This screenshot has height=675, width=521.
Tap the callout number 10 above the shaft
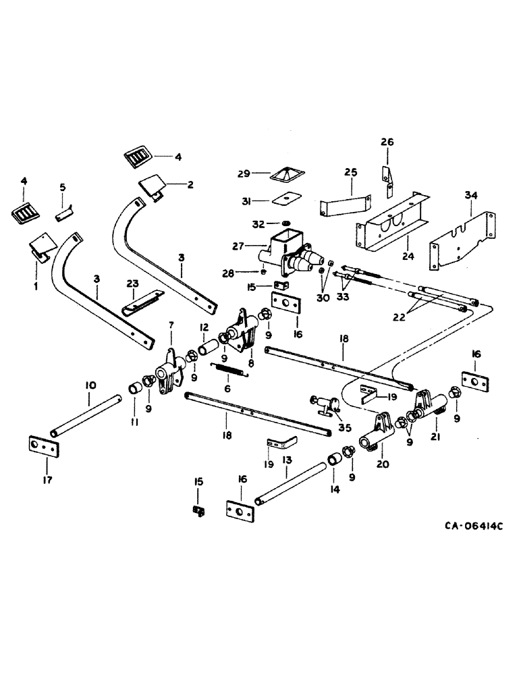click(x=90, y=385)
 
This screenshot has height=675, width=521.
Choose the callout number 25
click(x=350, y=173)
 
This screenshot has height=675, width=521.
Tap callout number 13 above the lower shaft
click(x=286, y=458)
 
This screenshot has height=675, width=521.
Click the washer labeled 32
click(x=285, y=223)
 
